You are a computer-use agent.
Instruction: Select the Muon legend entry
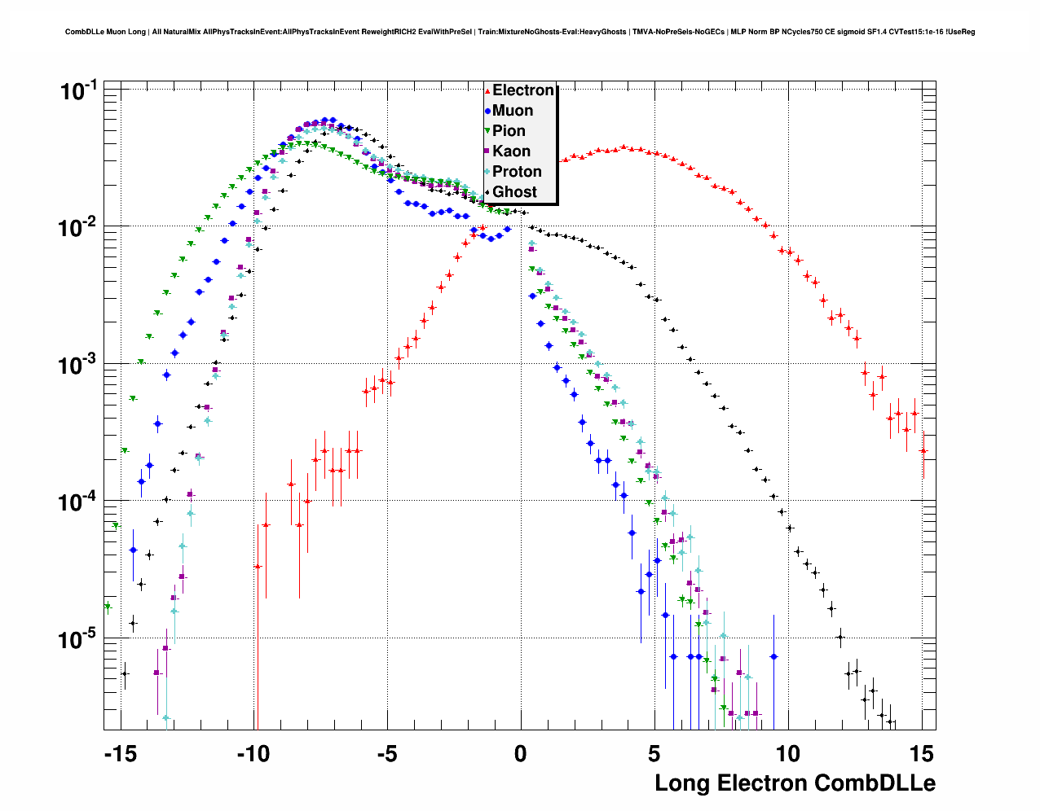512,111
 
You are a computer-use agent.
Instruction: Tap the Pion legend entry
509,131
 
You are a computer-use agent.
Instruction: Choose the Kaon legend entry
511,151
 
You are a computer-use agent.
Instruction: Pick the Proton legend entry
517,172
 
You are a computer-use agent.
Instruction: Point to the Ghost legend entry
514,192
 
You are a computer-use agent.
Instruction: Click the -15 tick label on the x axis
120,754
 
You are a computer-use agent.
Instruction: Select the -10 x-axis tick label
253,754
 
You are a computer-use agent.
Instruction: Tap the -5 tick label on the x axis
387,754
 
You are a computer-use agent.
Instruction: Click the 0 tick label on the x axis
521,754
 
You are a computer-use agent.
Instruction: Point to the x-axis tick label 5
654,754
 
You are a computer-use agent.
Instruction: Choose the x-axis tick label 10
787,754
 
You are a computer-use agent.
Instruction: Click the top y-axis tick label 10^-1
79,90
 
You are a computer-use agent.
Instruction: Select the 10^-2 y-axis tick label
79,227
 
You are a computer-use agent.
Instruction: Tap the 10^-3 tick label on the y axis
79,364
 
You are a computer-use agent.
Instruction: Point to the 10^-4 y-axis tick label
79,501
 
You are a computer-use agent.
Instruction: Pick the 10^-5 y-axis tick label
79,638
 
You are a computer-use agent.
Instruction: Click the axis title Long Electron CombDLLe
795,783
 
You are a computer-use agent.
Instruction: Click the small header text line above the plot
520,32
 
